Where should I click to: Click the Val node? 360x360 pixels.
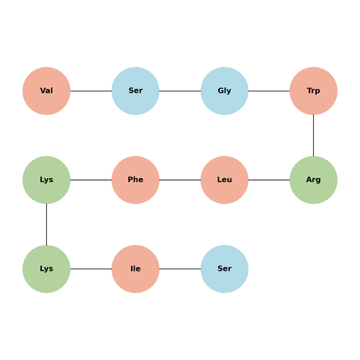point(46,91)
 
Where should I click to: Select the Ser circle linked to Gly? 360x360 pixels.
point(135,91)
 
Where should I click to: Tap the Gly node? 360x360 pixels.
point(225,91)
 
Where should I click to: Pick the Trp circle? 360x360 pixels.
point(313,91)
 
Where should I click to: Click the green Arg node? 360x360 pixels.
point(313,180)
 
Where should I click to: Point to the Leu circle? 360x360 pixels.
point(225,180)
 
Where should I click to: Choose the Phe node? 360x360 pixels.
point(135,180)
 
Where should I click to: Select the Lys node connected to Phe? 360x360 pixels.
point(46,180)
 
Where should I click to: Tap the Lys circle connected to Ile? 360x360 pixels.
point(46,269)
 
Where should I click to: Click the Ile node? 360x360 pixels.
point(135,269)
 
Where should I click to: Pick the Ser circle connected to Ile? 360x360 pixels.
point(225,269)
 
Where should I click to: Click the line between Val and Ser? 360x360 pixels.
point(91,91)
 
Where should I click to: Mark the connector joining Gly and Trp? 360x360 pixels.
point(269,91)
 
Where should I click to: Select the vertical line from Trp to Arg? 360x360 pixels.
point(313,135)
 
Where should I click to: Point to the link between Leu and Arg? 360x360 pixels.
point(269,180)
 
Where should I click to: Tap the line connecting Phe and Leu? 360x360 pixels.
point(180,180)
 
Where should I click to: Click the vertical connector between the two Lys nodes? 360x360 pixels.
point(46,225)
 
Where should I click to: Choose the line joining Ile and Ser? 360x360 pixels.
point(180,269)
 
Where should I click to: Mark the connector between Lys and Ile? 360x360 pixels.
point(91,269)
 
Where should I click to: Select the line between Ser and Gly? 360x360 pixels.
point(180,91)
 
